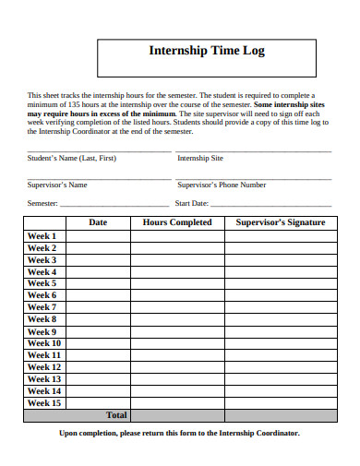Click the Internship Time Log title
[207, 52]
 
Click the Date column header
[98, 222]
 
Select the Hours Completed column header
[177, 222]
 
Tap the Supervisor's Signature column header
[280, 222]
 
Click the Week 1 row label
[42, 236]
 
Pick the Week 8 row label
[42, 319]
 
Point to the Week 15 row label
[44, 402]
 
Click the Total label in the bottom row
[116, 415]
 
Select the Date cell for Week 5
[98, 284]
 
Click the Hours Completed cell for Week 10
[177, 343]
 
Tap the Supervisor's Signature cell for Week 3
[280, 260]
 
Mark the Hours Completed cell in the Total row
[177, 415]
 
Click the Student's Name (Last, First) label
[72, 158]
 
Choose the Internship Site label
[200, 158]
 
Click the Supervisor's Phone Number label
[222, 185]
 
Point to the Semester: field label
[42, 203]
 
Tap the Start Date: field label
[193, 203]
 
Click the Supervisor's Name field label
[57, 185]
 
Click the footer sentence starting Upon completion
[179, 433]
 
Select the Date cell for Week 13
[98, 378]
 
